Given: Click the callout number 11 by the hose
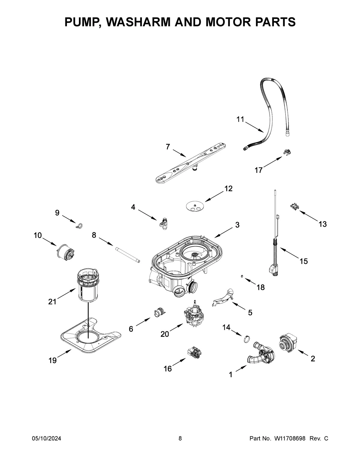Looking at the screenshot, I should [x=240, y=119].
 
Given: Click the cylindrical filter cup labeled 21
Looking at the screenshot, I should [x=88, y=285].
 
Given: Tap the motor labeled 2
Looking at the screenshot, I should [x=287, y=344].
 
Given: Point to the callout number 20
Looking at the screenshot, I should [x=165, y=334].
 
